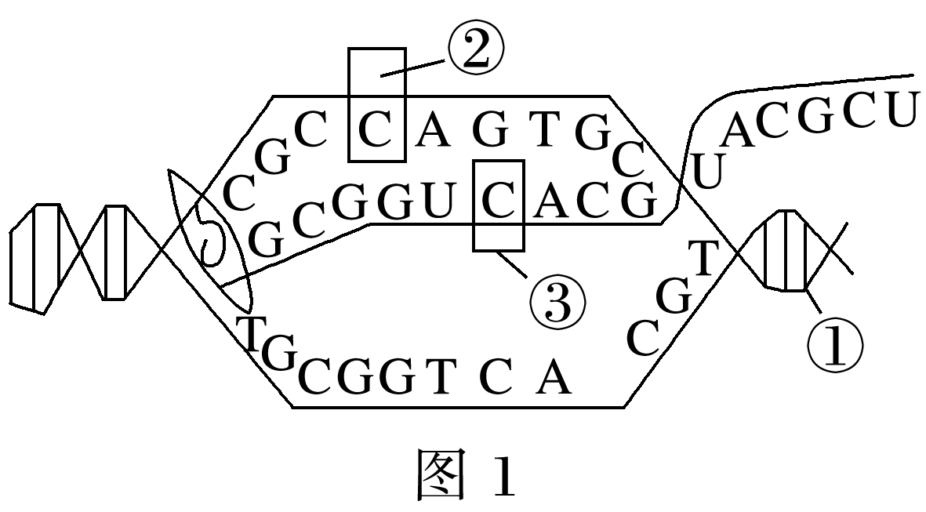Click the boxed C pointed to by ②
point(377,132)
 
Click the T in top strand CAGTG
point(541,133)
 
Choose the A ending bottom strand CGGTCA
point(554,380)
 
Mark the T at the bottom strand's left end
point(251,333)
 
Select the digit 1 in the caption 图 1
point(504,475)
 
